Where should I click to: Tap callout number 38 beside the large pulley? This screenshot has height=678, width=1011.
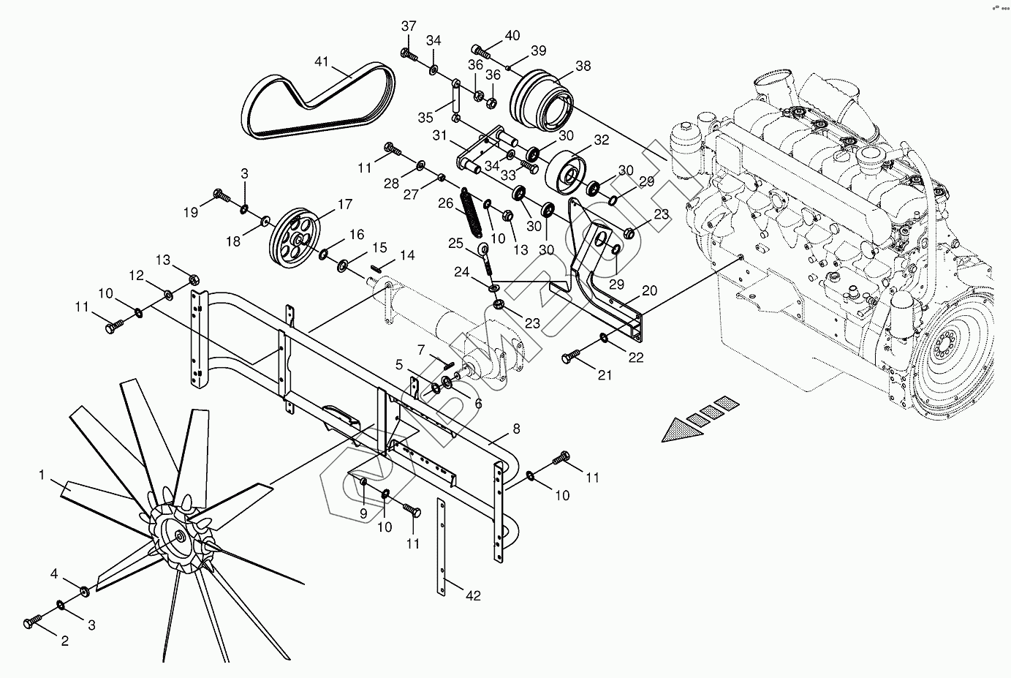pos(583,66)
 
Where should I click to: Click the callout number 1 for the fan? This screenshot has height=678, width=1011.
pos(42,475)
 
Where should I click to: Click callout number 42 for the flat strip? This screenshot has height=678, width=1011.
pos(473,595)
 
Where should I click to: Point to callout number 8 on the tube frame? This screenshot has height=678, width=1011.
pos(516,429)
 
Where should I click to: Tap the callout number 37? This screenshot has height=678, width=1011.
pos(409,26)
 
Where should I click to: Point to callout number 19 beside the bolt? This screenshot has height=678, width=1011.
pos(191,213)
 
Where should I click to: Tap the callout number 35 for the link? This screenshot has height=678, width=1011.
pos(426,117)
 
